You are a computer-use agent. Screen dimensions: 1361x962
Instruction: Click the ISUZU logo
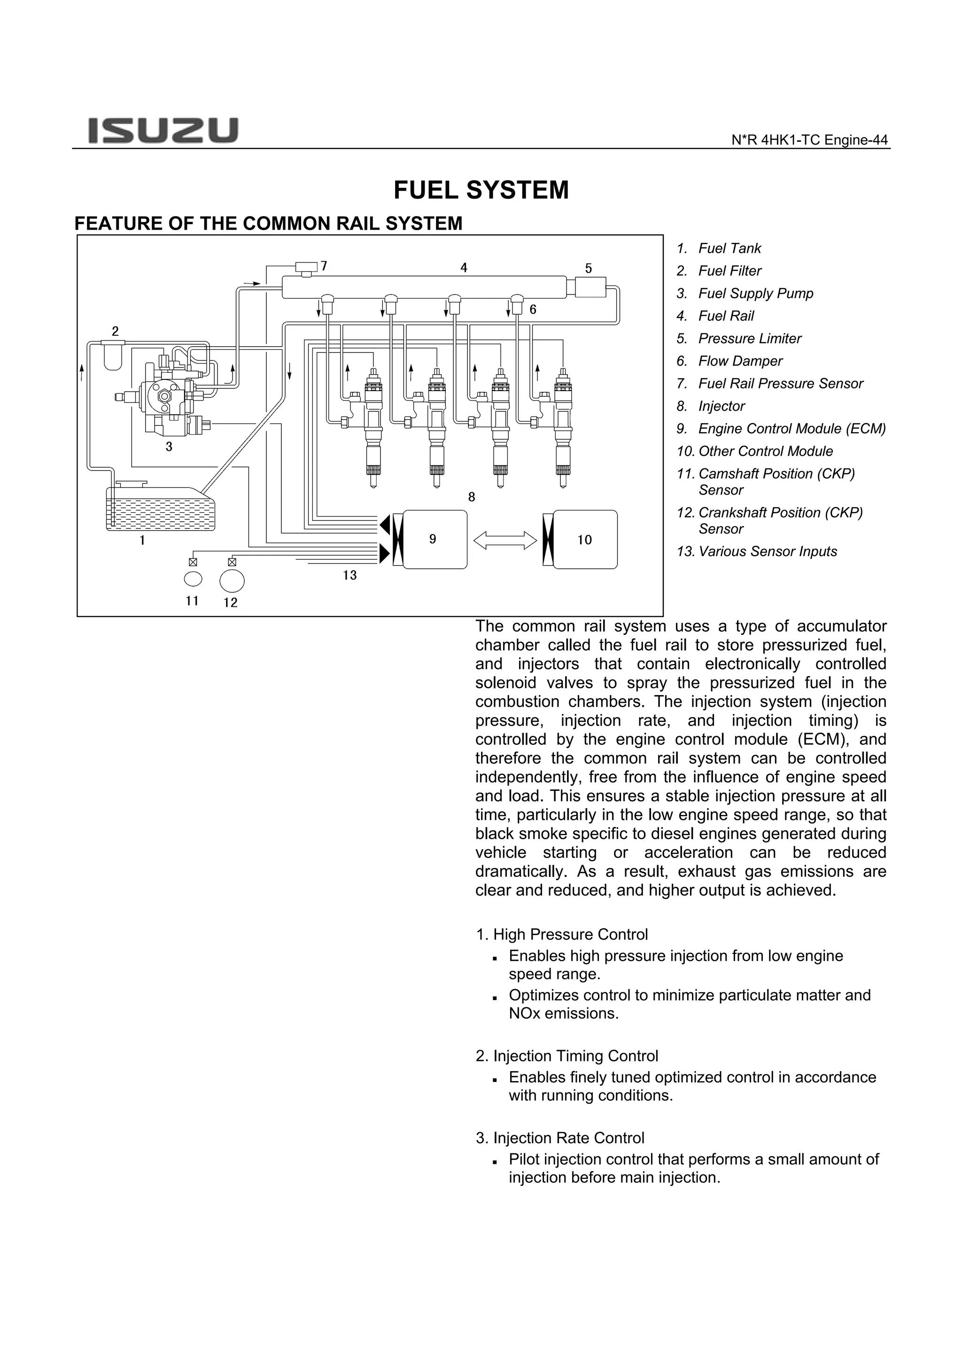(163, 131)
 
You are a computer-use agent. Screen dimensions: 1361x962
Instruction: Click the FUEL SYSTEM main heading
(481, 190)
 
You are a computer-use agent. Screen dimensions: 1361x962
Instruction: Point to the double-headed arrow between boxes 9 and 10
(505, 540)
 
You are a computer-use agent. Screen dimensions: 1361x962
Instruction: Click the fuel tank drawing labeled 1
(160, 509)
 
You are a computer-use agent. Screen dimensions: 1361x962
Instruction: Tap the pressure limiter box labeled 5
(590, 287)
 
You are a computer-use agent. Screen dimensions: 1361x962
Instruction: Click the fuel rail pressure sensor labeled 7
(306, 267)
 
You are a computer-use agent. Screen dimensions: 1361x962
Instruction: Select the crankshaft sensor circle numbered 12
(232, 580)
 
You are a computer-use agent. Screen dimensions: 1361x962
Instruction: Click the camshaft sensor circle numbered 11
(193, 579)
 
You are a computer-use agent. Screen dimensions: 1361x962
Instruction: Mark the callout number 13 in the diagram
(349, 575)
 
